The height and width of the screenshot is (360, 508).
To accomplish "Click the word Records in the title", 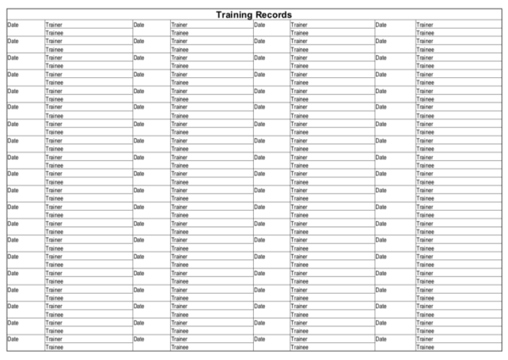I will (x=276, y=14).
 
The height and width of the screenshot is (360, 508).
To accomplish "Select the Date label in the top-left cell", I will (x=12, y=25).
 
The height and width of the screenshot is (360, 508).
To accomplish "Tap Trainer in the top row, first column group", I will (x=53, y=25).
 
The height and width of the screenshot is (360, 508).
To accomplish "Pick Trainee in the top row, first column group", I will (x=54, y=33).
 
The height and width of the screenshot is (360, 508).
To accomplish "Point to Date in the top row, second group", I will (x=139, y=25).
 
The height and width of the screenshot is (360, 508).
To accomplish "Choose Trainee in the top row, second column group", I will (x=179, y=33).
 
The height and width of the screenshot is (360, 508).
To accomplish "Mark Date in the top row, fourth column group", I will (x=380, y=25).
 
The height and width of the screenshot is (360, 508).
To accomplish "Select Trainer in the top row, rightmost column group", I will (x=424, y=25).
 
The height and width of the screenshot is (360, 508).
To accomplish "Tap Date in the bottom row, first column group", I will (x=12, y=339).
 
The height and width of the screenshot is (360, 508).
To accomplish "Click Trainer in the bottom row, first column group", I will (x=53, y=339).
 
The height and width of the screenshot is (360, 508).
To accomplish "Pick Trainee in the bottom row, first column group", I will (x=54, y=346).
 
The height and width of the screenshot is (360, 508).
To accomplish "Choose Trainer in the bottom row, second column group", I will (x=179, y=339).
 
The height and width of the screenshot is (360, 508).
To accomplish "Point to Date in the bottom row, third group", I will (x=259, y=339).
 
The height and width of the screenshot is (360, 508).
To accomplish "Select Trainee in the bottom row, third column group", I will (x=300, y=346).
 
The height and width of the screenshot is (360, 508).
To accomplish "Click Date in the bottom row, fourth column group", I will (x=380, y=339).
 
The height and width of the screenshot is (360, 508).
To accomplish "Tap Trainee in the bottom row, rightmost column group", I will (x=425, y=346).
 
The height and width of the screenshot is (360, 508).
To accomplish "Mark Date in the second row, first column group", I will (x=12, y=41).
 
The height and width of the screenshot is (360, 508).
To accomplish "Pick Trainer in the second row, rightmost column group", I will (x=424, y=41).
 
